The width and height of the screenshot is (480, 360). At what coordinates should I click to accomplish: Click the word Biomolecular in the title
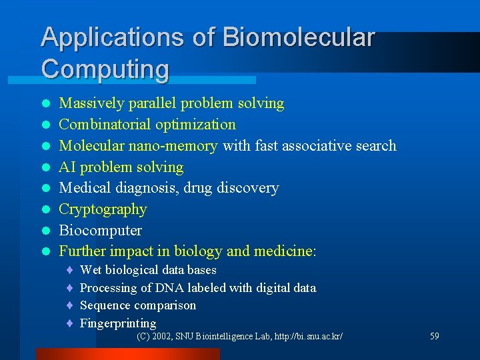click(x=299, y=37)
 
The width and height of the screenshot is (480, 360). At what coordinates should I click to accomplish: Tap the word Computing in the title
click(x=105, y=69)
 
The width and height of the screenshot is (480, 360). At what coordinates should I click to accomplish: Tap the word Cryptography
click(x=103, y=209)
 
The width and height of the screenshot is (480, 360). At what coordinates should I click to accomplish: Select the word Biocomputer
click(x=100, y=231)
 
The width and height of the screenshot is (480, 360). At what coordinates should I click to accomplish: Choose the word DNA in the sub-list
click(x=171, y=288)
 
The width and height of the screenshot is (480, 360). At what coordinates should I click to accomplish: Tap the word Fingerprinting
click(x=118, y=324)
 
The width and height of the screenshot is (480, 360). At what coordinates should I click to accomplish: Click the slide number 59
click(x=434, y=337)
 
